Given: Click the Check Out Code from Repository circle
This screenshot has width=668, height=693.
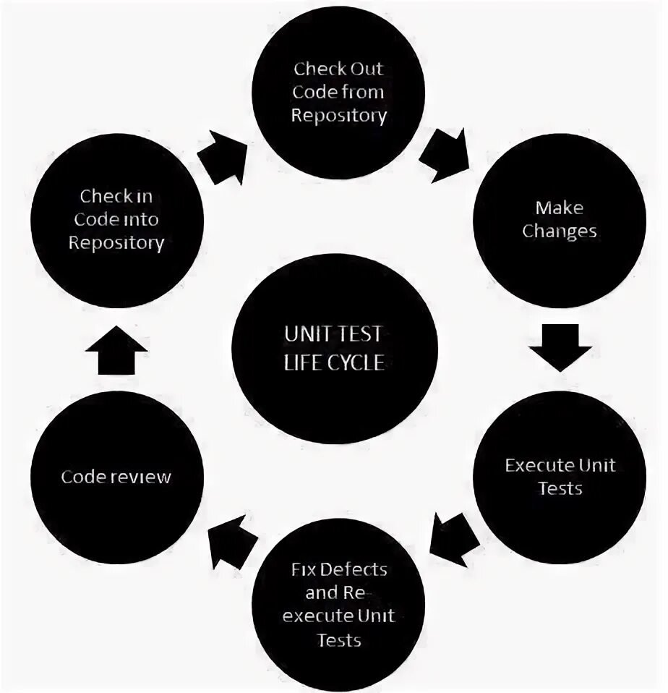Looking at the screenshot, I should (x=338, y=93).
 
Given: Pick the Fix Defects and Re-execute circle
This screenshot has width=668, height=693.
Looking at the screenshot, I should (x=338, y=604).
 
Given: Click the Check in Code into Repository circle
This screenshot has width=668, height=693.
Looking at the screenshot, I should (x=116, y=219).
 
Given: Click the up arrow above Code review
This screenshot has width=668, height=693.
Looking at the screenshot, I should (x=116, y=349).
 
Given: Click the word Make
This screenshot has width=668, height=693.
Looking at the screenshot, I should (x=559, y=208).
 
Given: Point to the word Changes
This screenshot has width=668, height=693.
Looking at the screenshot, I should (x=559, y=232).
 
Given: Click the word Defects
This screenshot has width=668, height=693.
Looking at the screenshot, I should (x=354, y=569).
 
